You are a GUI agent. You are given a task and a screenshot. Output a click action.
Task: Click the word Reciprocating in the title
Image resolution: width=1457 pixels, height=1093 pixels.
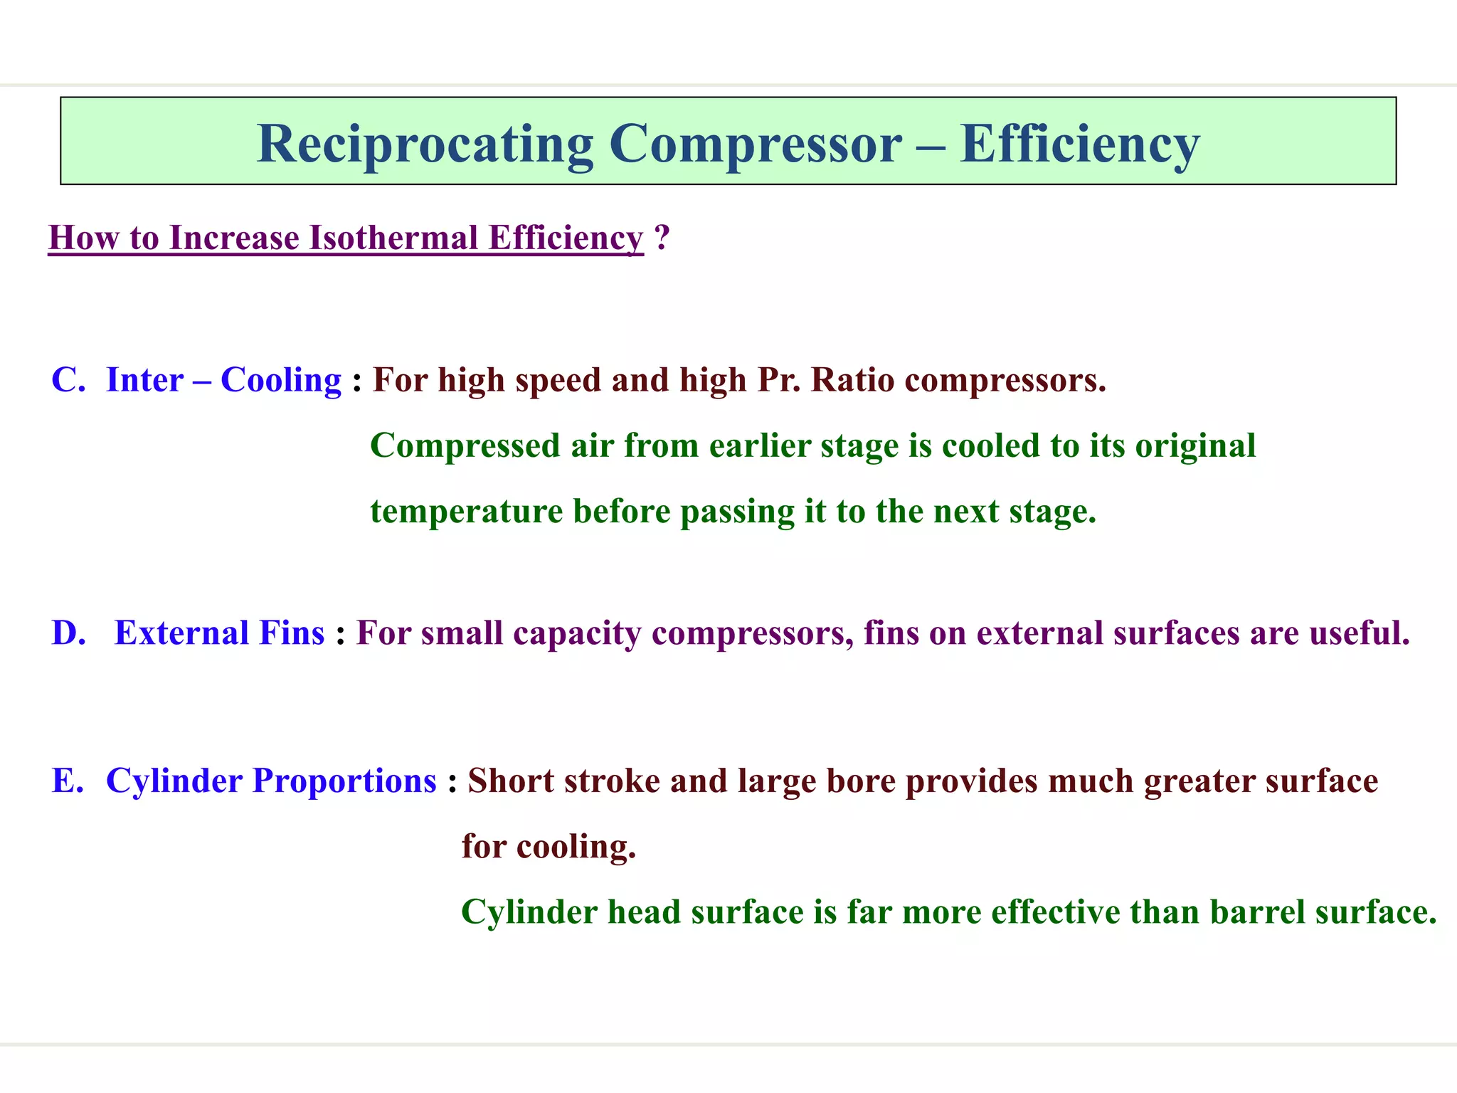click(425, 144)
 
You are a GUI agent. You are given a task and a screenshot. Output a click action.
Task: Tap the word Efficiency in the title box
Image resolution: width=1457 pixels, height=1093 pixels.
click(1079, 144)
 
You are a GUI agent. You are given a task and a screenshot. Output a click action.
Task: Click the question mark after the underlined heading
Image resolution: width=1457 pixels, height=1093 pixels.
click(662, 238)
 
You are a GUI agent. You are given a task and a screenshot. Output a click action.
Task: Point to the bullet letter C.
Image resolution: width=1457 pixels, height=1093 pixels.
click(68, 380)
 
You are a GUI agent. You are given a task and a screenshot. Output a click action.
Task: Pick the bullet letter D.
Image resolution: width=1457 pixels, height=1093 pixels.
click(68, 633)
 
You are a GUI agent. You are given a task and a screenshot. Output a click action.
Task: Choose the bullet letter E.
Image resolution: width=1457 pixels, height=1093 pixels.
click(68, 781)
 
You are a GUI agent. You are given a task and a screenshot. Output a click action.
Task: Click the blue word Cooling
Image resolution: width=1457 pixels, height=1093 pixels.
click(281, 380)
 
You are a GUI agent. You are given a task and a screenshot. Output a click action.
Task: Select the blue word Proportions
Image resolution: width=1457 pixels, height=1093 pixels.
click(344, 781)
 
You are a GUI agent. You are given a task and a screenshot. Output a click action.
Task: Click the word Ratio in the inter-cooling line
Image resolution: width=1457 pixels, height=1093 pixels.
click(852, 380)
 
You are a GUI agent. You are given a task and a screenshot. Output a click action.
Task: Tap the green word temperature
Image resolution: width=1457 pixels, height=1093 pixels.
click(467, 512)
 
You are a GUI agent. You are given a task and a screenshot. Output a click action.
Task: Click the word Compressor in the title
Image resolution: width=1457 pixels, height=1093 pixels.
click(756, 144)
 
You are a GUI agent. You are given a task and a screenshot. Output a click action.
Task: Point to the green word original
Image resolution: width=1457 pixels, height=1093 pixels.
click(1195, 446)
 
